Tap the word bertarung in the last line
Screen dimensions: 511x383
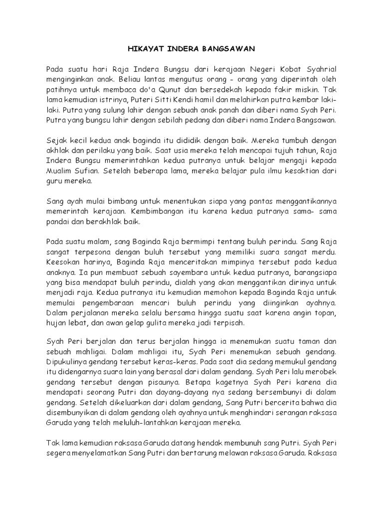(x=208, y=453)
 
